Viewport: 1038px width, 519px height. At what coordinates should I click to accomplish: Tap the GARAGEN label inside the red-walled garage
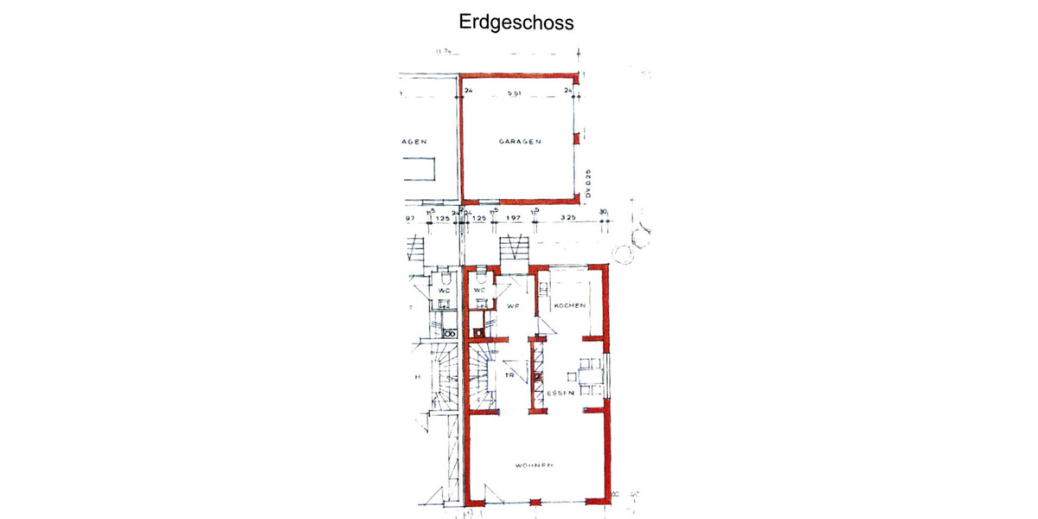point(519,141)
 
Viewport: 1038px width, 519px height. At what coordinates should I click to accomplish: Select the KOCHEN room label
point(570,306)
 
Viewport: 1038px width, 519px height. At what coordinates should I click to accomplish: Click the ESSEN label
point(560,394)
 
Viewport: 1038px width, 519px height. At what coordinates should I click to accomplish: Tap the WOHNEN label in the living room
point(534,465)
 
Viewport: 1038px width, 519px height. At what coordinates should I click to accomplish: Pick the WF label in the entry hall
point(511,306)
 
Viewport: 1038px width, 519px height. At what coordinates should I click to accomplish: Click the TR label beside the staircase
point(511,375)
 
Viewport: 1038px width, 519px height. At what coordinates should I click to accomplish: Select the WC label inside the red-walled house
point(480,290)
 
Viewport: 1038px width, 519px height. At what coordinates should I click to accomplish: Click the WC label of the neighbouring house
point(444,291)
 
